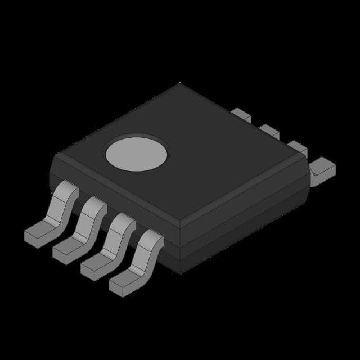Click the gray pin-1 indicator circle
pos(137,154)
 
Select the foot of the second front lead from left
pos(66,250)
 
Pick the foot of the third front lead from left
pos(94,267)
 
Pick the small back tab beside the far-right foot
pos(298,148)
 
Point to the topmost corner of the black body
pos(180,84)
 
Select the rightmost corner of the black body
pos(310,169)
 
